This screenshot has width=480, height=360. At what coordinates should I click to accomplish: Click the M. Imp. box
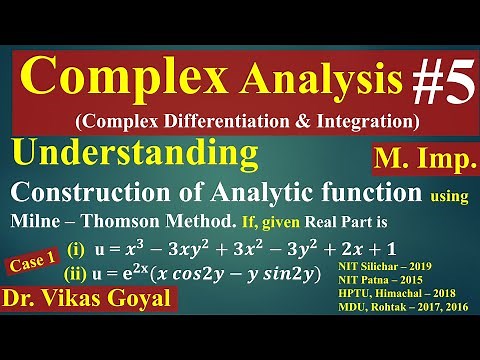(x=418, y=158)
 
